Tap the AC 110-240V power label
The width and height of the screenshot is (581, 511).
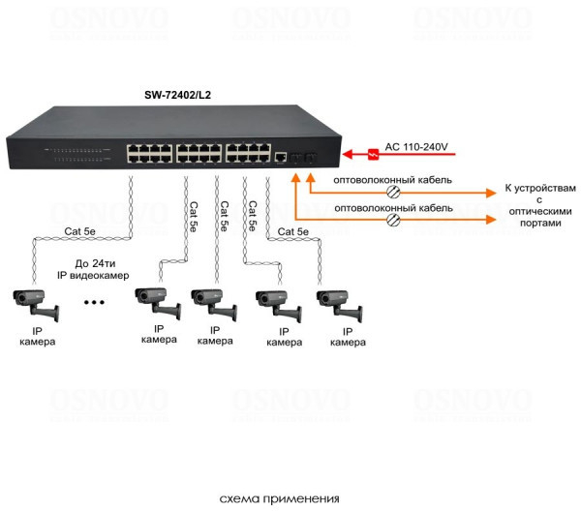[x=418, y=146]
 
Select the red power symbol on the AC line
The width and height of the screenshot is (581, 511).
[x=373, y=152]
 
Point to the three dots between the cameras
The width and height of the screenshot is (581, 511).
[x=96, y=302]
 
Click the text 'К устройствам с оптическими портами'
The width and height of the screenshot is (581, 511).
[x=539, y=204]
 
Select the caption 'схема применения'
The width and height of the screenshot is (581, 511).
[x=280, y=499]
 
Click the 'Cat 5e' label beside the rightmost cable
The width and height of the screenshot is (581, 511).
[x=293, y=231]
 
